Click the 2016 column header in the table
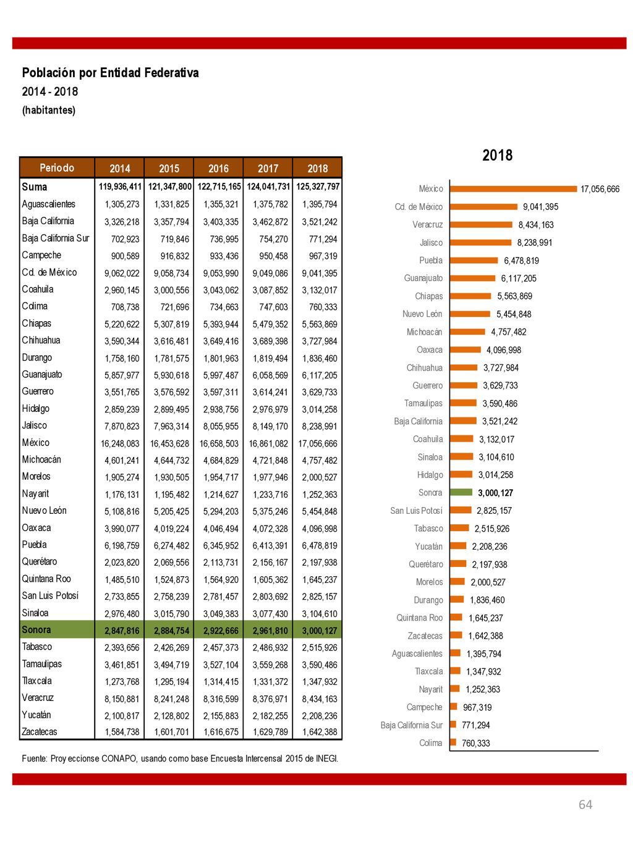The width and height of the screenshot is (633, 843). point(218,168)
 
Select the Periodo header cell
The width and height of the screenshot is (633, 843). point(57,168)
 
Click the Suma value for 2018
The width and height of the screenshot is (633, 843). point(318,187)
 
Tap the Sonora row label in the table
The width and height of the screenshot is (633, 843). point(36,629)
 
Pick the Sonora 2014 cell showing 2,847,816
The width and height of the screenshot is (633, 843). point(122,631)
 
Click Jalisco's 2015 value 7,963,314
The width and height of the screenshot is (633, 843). point(171,426)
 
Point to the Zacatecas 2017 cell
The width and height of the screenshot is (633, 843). point(270,732)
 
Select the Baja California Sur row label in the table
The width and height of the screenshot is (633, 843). point(56,238)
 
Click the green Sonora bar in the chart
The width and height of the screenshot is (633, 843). point(461,492)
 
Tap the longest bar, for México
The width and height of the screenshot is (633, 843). point(514,188)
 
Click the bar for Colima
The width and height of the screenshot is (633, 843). point(452,742)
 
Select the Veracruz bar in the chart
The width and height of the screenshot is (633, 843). point(481,224)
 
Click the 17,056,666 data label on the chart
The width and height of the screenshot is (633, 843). point(600,189)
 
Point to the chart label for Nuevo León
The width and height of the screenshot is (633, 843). point(422,314)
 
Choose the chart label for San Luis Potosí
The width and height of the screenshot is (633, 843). point(416,510)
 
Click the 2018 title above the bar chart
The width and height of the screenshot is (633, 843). point(497,155)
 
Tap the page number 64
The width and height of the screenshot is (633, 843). point(585,804)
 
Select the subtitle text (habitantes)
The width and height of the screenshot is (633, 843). point(48,110)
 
